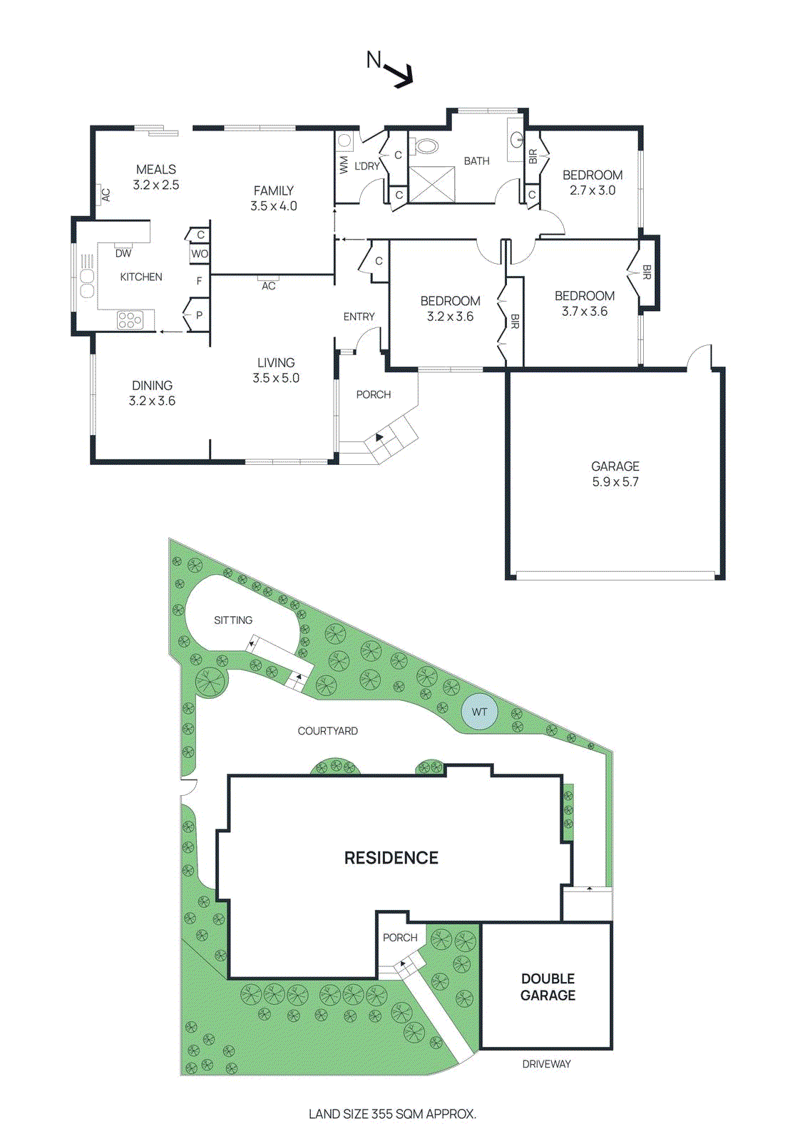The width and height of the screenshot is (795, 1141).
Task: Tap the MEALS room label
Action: click(156, 170)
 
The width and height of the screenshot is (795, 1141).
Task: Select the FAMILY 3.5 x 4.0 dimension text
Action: click(274, 206)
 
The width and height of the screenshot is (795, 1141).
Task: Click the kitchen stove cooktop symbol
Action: click(130, 320)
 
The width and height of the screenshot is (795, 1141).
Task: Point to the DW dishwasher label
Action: click(123, 253)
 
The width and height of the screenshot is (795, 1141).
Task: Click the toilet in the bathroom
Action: click(426, 147)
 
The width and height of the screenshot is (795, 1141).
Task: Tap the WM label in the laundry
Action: click(344, 165)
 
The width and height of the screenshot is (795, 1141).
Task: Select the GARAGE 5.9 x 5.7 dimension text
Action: click(615, 482)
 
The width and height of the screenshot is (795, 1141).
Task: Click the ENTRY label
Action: click(359, 317)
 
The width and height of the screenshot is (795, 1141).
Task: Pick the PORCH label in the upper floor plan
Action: click(374, 394)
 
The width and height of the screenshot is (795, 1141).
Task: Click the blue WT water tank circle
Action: click(479, 712)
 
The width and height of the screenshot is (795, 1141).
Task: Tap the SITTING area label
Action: click(233, 620)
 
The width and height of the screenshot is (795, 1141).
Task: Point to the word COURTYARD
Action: click(328, 731)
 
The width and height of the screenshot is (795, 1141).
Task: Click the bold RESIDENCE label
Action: click(391, 858)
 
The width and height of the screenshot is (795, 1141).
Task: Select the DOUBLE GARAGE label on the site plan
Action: click(548, 987)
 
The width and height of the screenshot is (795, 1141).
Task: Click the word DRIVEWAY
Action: click(547, 1064)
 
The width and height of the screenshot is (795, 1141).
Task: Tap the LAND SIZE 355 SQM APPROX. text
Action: click(392, 1114)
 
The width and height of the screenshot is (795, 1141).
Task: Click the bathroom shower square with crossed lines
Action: click(431, 185)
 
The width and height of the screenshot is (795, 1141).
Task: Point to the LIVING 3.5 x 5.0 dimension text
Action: click(276, 379)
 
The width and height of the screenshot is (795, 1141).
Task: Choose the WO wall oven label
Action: click(200, 254)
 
